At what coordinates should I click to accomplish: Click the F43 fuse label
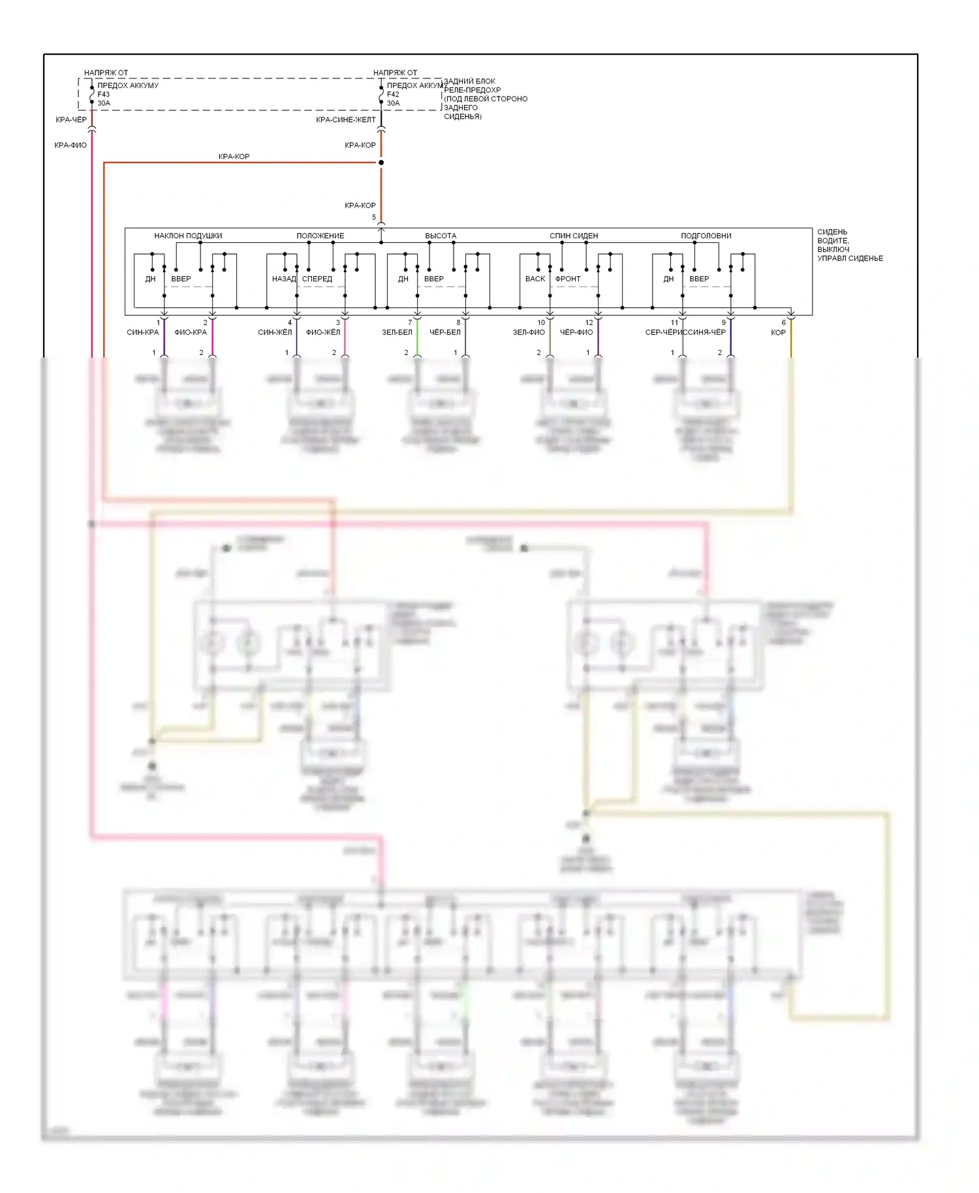(103, 95)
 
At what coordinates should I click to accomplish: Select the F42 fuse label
(393, 95)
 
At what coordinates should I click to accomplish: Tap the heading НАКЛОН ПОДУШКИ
(188, 236)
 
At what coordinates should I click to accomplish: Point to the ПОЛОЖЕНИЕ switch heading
(320, 236)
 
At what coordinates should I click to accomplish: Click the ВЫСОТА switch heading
(441, 236)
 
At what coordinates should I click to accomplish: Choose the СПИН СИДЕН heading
(574, 236)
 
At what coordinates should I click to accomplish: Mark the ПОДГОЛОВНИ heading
(706, 236)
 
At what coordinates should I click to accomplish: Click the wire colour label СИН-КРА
(143, 332)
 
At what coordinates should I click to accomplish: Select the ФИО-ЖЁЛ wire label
(323, 332)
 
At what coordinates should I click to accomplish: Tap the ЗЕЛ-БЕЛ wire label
(397, 332)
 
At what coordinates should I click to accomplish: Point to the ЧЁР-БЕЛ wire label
(445, 332)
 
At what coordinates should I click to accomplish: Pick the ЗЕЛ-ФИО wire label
(529, 332)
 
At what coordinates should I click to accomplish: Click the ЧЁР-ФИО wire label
(576, 332)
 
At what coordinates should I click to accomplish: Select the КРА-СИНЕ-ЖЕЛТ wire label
(346, 120)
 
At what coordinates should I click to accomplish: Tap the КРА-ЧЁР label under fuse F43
(71, 120)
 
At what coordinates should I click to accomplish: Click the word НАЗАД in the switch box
(284, 279)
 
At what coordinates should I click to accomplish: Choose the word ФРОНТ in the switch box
(568, 279)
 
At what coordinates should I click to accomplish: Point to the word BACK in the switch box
(535, 279)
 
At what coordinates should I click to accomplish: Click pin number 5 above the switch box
(374, 217)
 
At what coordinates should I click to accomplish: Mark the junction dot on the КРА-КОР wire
(381, 163)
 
